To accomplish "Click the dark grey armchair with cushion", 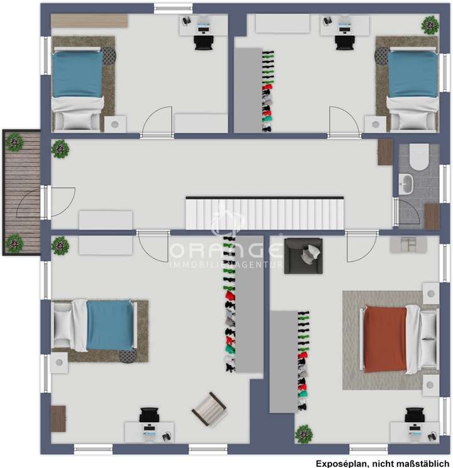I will point(304,256).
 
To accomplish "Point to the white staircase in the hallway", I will point(265,214).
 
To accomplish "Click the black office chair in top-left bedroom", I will point(204,41).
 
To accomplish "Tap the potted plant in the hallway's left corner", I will point(60,149).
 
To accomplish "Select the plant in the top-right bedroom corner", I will point(430,25).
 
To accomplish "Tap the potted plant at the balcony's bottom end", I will point(14,242).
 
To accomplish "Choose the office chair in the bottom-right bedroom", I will point(414,415).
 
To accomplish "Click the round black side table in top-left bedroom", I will point(108,56).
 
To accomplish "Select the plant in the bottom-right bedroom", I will point(304,433).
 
